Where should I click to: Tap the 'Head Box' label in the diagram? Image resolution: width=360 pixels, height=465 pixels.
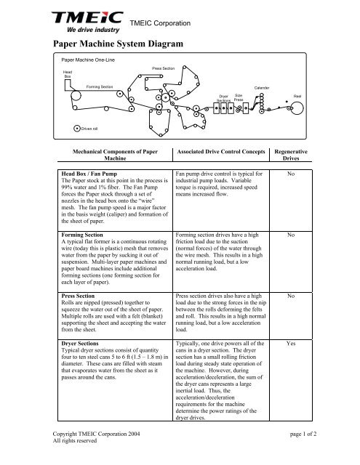click(68, 75)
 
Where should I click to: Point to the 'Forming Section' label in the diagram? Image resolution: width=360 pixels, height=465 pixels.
click(99, 86)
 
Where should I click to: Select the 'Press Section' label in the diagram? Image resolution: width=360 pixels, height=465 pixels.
click(164, 68)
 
